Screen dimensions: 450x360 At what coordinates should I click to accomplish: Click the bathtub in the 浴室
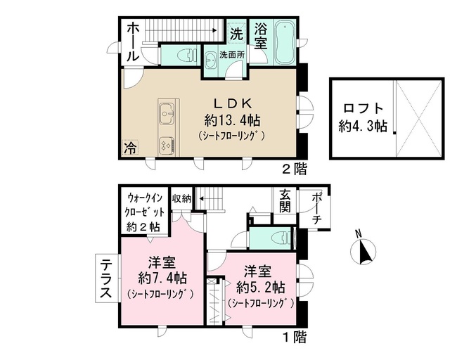click(x=284, y=43)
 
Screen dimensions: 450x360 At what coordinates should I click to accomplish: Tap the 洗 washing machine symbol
click(x=237, y=34)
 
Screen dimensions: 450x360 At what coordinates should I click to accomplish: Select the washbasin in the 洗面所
click(x=211, y=60)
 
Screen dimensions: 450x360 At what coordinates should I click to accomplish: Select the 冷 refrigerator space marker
click(x=130, y=148)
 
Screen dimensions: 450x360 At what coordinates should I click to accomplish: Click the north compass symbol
click(x=364, y=249)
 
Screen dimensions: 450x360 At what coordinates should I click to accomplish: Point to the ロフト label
click(x=364, y=108)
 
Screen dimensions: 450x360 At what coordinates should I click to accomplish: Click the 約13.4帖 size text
click(x=232, y=120)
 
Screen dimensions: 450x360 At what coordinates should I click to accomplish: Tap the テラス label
click(x=106, y=278)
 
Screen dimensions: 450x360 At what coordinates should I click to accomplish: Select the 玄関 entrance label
click(x=284, y=202)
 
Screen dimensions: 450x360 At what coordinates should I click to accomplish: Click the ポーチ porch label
click(x=316, y=208)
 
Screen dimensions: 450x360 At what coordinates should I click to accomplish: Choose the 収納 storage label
click(x=181, y=198)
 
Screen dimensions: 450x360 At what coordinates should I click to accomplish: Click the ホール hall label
click(x=133, y=42)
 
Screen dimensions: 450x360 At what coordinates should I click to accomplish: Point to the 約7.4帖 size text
click(x=162, y=278)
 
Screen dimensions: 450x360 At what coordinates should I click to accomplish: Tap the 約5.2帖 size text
click(x=260, y=288)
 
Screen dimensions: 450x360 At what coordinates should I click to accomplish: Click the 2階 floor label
click(x=295, y=169)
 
